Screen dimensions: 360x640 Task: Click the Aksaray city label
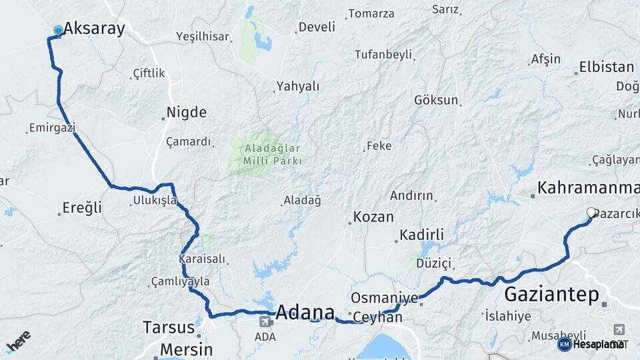tap(94, 29)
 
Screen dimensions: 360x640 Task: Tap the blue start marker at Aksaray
tap(58, 30)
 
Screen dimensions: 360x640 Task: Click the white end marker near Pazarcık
tap(591, 213)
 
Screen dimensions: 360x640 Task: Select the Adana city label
tap(305, 312)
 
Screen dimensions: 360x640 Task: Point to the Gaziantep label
tap(551, 294)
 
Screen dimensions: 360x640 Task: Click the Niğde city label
tap(187, 112)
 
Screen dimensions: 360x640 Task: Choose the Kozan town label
tap(373, 217)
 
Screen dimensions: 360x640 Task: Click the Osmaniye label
tap(384, 297)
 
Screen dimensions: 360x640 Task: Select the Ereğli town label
tap(82, 207)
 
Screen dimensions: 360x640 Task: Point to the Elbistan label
tap(607, 67)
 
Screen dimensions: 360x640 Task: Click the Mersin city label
tap(186, 349)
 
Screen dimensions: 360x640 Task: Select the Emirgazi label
tap(52, 127)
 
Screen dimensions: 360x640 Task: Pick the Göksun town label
tap(437, 100)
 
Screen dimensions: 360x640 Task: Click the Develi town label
tap(317, 27)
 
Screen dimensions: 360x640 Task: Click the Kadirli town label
tap(421, 235)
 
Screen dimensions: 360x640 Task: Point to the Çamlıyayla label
tap(180, 281)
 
